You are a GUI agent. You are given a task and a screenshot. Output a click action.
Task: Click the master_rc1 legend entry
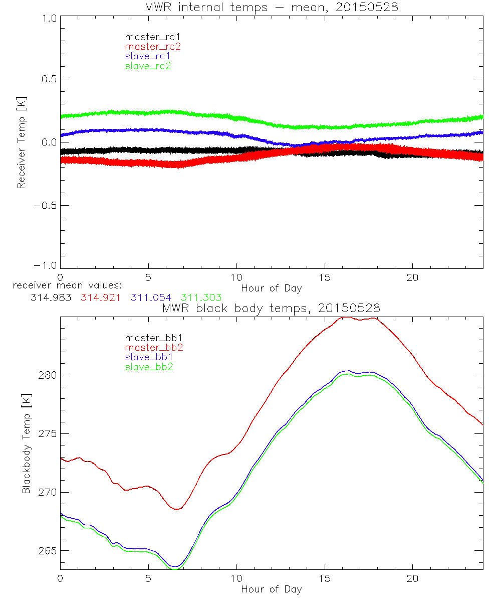coord(148,37)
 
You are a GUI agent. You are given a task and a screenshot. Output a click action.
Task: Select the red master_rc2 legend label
coord(152,46)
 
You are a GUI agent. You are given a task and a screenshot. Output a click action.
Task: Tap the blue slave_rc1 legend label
coord(148,56)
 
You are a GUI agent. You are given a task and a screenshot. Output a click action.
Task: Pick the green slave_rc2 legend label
coord(148,66)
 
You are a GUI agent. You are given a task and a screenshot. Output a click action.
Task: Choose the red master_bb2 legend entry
coord(154,347)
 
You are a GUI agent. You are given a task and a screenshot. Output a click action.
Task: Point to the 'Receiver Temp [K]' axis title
coord(21,142)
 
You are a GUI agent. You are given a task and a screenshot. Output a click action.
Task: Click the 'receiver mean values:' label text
coord(64,285)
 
